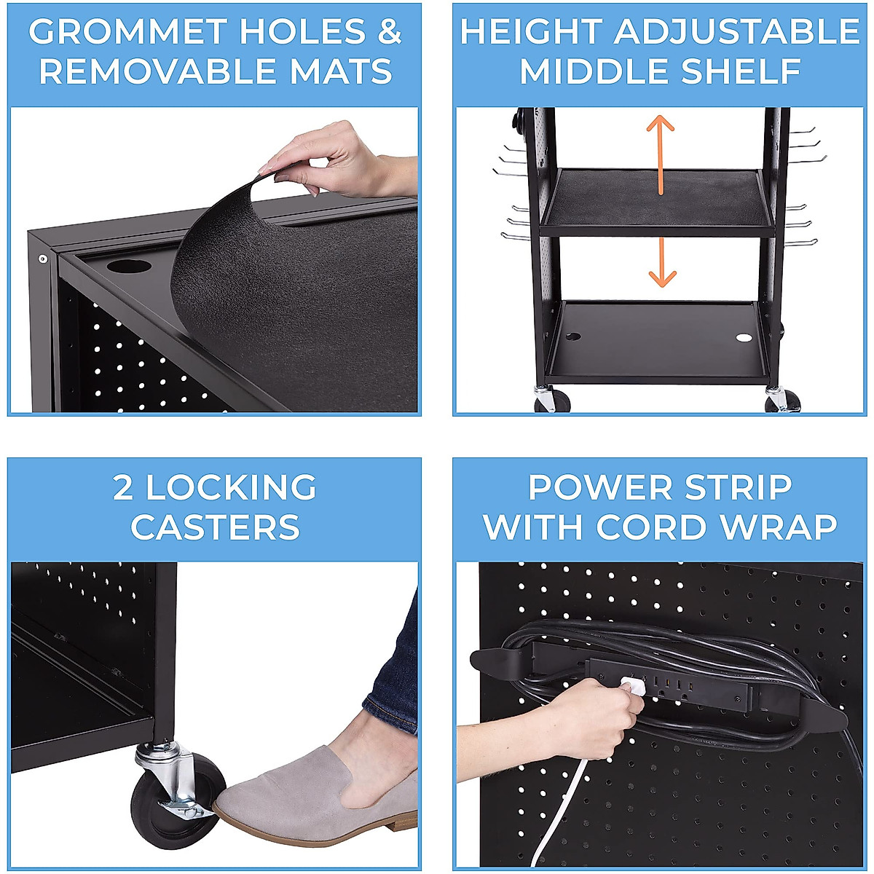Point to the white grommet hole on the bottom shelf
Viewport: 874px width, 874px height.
point(743,338)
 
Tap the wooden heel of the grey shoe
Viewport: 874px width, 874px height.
point(390,823)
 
